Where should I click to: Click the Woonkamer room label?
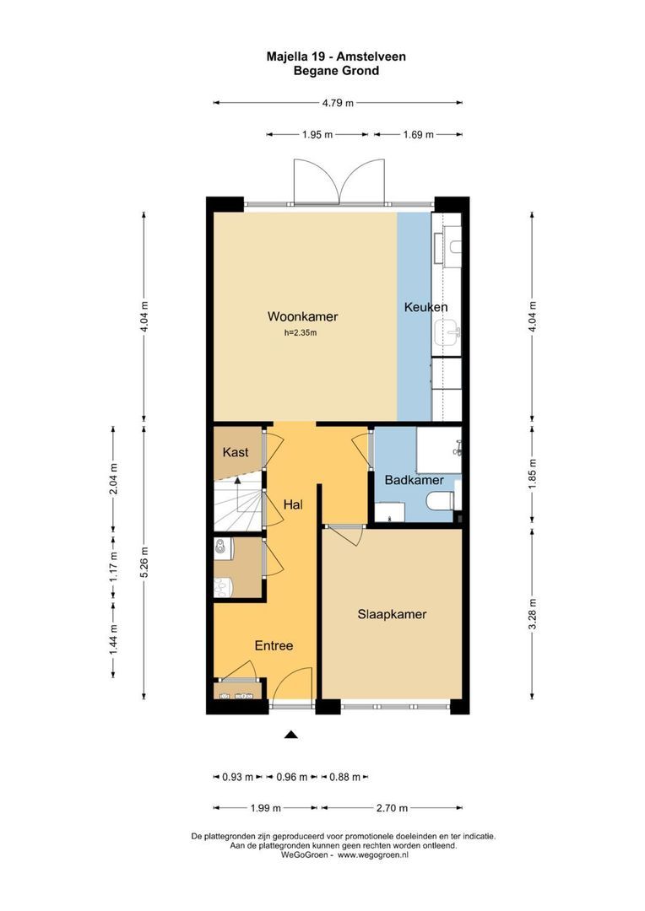[x=302, y=317]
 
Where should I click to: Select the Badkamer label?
[x=414, y=480]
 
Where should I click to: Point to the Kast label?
[x=235, y=453]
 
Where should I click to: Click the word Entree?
[x=274, y=645]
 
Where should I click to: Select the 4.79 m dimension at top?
[x=337, y=103]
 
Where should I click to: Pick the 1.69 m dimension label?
[x=418, y=135]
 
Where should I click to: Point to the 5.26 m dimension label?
[x=144, y=559]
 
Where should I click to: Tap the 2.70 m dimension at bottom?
[x=392, y=809]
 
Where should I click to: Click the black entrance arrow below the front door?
[x=291, y=736]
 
